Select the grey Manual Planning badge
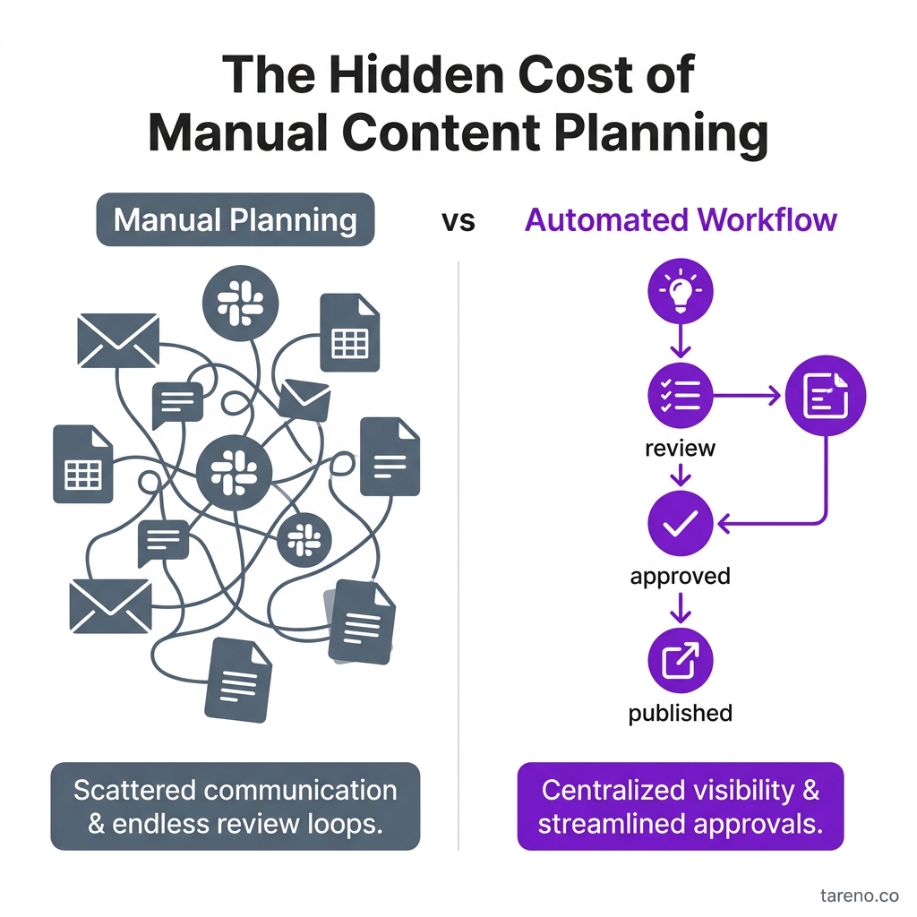point(235,219)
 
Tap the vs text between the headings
point(458,220)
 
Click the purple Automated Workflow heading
point(681,219)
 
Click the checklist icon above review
point(680,394)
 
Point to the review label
point(680,448)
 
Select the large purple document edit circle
point(826,394)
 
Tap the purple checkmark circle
point(680,523)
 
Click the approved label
point(680,576)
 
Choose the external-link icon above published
point(680,661)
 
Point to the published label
point(680,713)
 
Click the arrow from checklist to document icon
point(748,394)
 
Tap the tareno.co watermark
point(859,895)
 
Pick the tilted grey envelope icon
point(304,400)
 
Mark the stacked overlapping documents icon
point(362,621)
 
